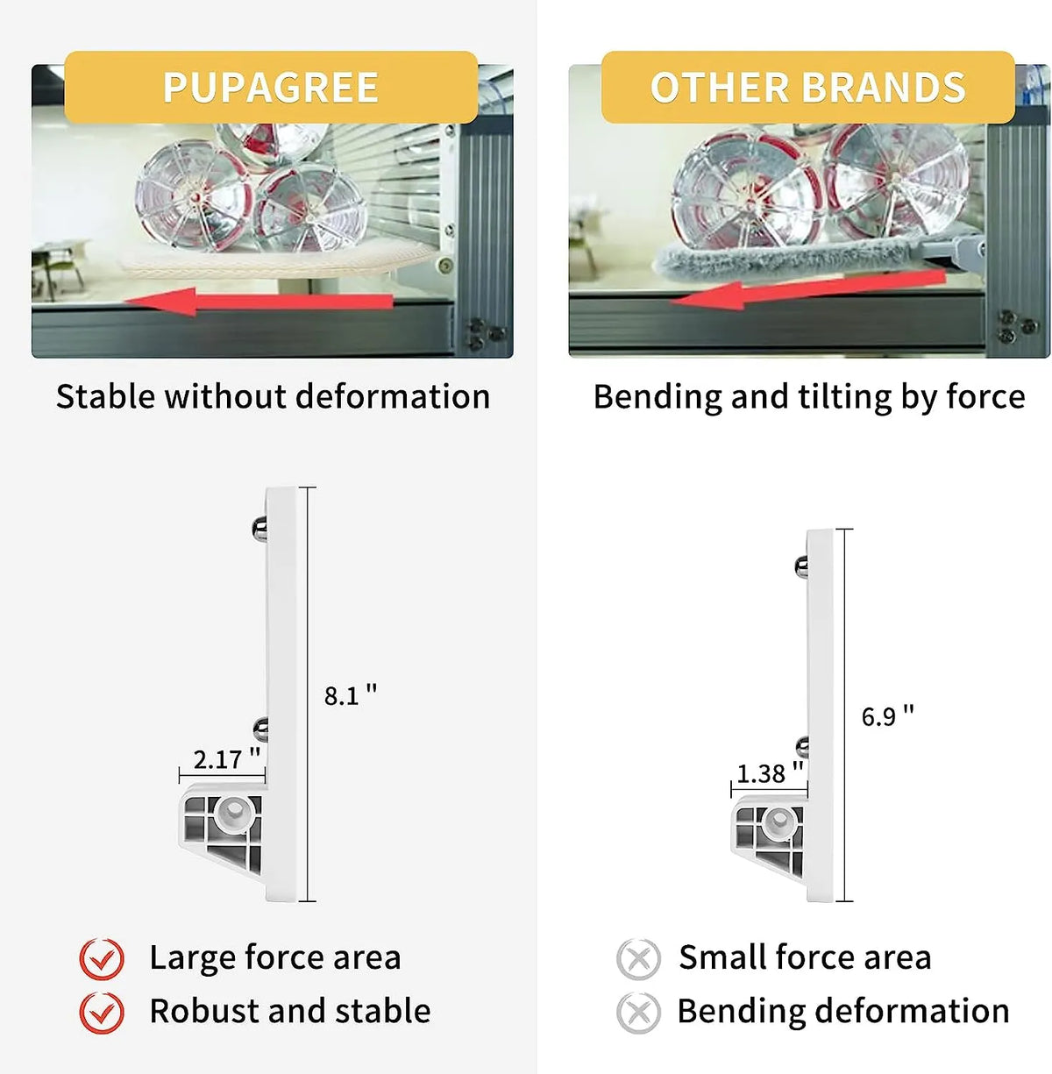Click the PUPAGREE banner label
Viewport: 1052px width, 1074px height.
(271, 87)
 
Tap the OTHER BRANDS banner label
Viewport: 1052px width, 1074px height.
(807, 87)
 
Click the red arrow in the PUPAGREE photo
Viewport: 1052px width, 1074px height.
(259, 301)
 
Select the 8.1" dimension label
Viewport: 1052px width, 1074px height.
(351, 695)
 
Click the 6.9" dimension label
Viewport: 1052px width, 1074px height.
(887, 716)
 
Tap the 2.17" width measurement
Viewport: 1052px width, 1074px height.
(226, 759)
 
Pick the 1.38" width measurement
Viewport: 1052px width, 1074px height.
(770, 773)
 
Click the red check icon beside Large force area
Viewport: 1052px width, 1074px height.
(102, 958)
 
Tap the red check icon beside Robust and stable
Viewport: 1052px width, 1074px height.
(102, 1012)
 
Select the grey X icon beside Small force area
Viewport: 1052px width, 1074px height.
(638, 959)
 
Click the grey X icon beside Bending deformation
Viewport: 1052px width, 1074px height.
(638, 1013)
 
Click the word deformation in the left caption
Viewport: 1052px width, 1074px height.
(393, 397)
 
